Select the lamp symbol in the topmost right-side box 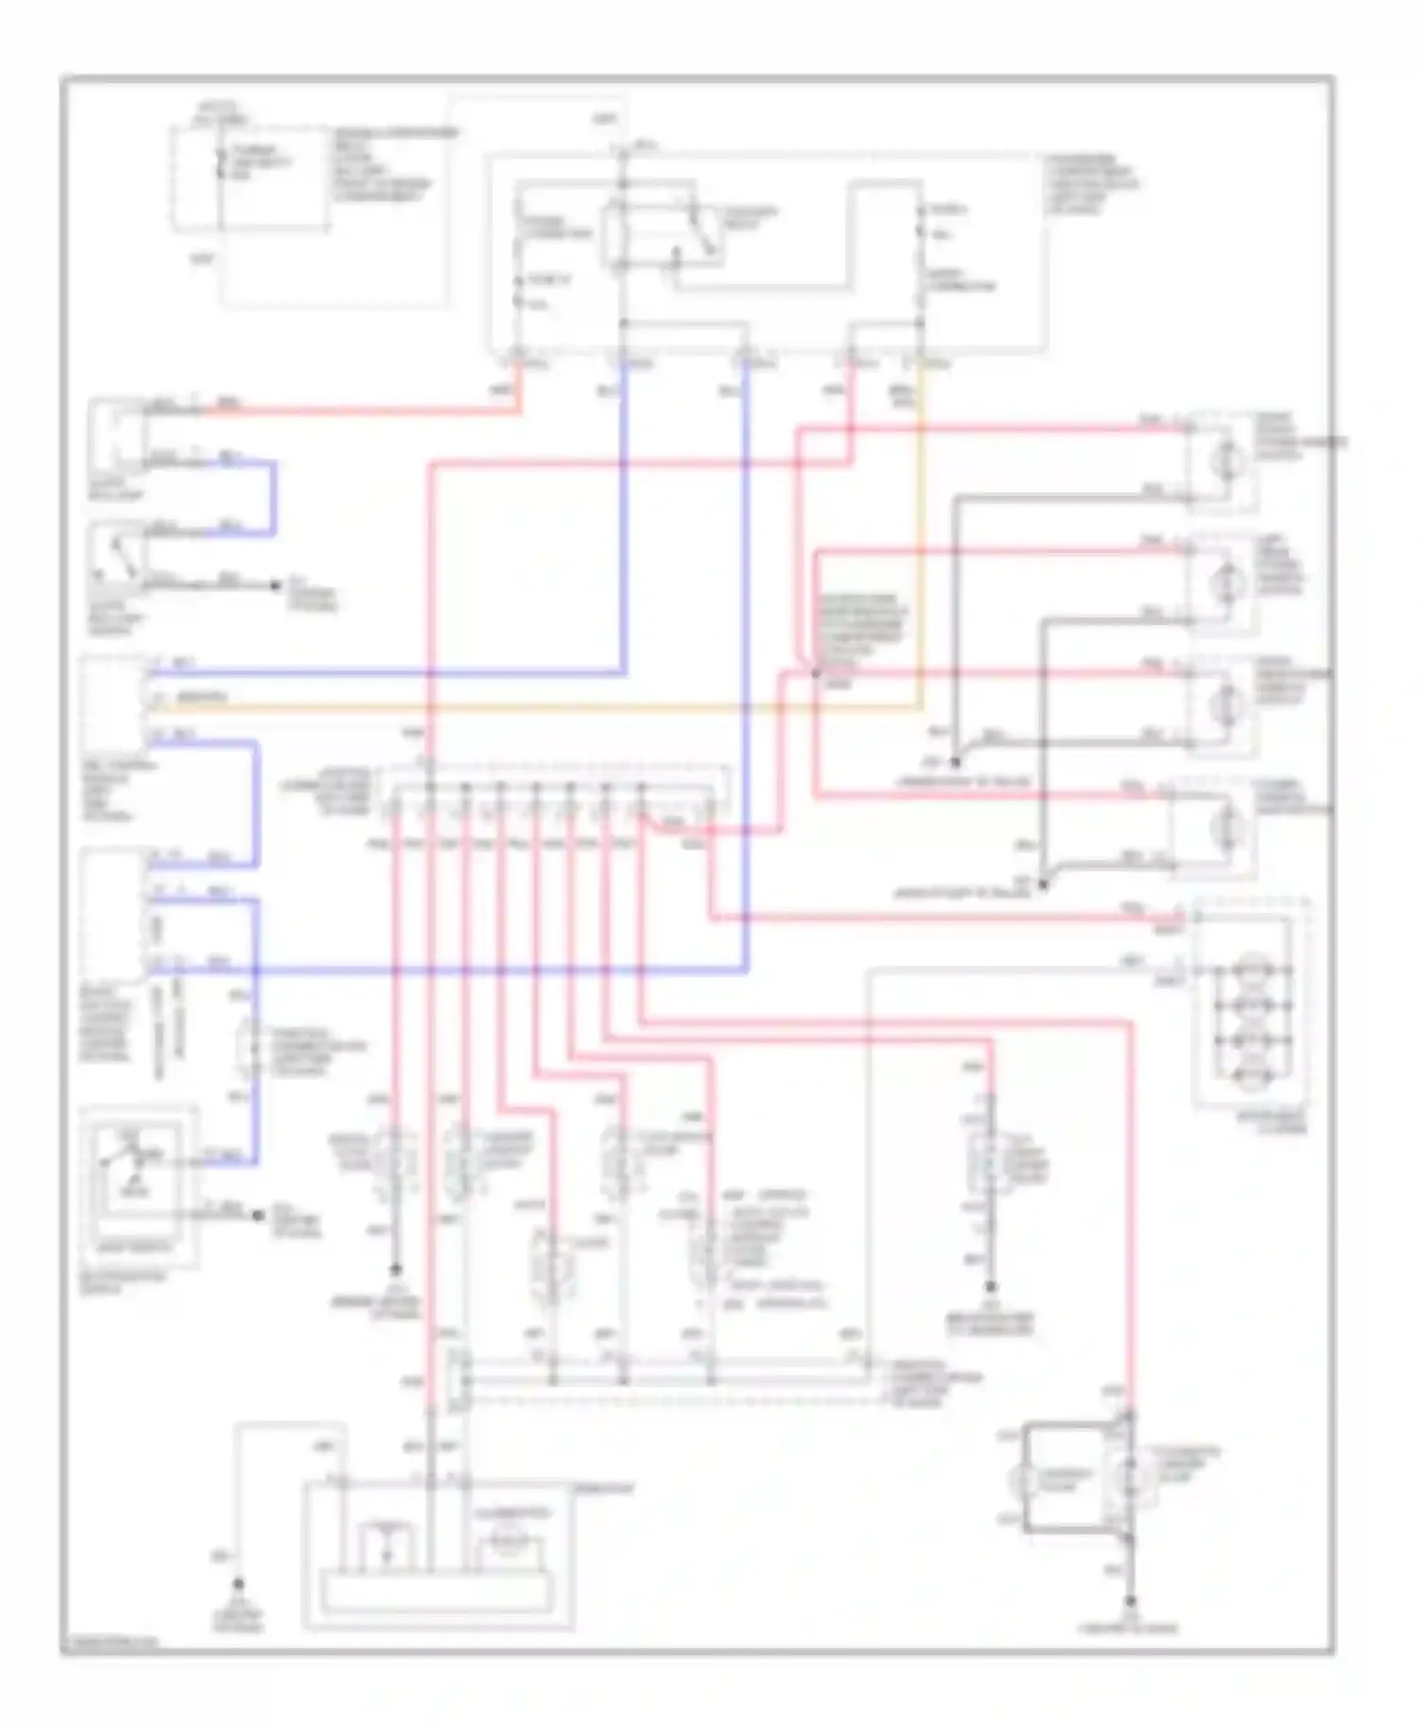pos(1229,459)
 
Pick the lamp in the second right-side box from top pos(1229,580)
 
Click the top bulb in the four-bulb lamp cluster pos(1252,971)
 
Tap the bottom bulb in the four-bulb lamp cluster pos(1252,1074)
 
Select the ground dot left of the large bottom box pos(239,1583)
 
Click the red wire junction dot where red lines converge pos(815,673)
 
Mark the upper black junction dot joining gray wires pos(955,761)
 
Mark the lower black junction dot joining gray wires pos(1042,885)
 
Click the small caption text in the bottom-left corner pos(109,1643)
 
